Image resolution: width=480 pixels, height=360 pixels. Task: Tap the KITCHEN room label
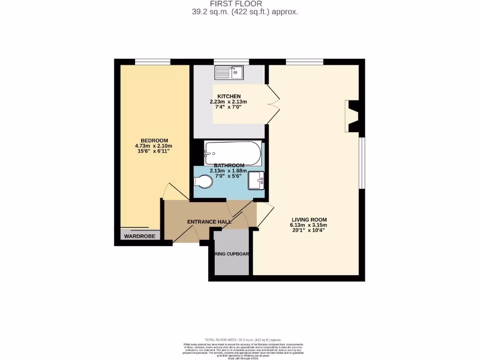229,96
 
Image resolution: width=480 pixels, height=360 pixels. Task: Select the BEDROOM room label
154,141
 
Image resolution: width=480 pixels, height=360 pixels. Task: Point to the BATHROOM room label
229,165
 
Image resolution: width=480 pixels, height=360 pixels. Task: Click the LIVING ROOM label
309,219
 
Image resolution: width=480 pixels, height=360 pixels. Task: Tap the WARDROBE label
139,236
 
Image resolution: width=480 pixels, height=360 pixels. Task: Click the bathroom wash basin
256,180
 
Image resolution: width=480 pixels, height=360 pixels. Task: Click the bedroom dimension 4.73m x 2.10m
154,146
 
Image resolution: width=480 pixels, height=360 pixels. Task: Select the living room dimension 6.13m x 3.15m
309,225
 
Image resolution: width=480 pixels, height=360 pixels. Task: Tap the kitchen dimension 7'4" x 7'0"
228,107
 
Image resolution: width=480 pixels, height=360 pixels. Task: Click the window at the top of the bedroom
153,61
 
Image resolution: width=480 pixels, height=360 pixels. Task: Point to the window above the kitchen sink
231,61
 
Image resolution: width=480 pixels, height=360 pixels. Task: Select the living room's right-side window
362,163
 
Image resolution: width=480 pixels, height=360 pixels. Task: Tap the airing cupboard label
232,254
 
